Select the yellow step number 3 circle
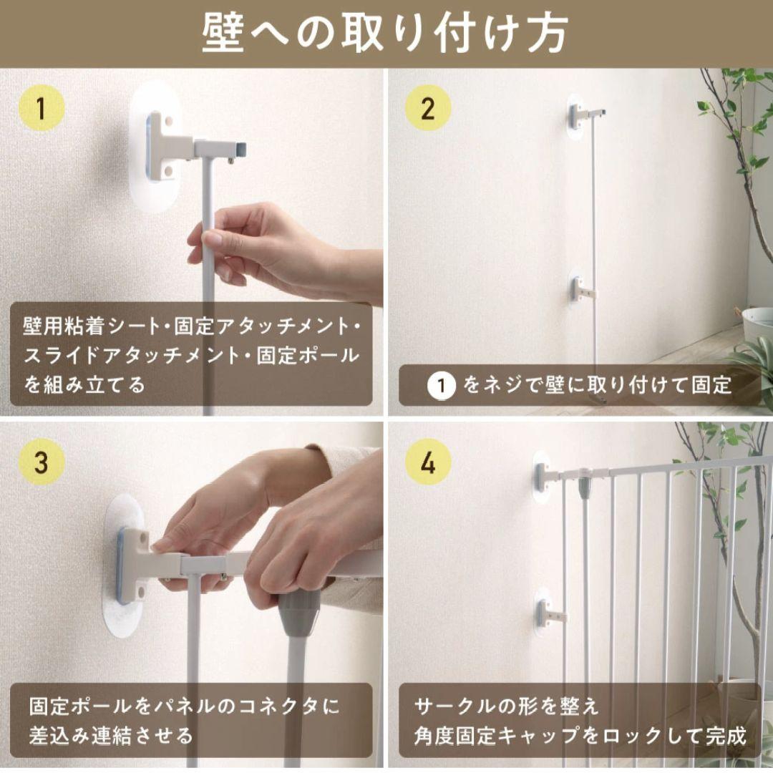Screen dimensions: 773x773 (41, 463)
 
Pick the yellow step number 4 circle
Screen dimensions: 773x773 (428, 463)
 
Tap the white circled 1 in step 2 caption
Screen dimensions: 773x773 (442, 386)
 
